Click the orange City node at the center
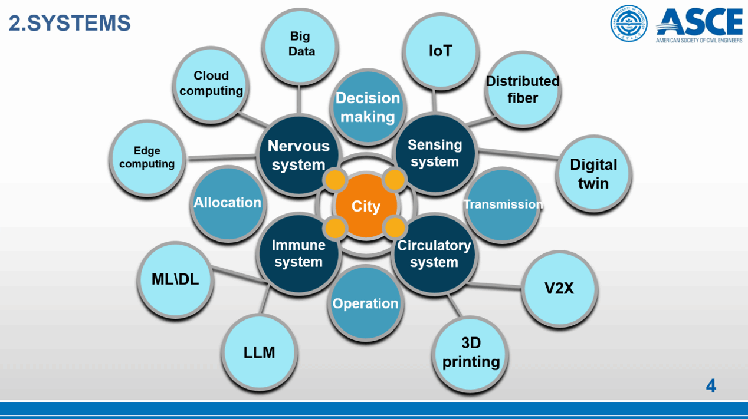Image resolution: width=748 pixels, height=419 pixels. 366,206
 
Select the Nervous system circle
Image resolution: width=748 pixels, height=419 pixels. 298,155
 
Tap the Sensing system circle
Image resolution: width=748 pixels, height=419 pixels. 435,153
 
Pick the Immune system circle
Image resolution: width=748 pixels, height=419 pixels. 298,253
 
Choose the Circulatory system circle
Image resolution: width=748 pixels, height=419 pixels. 434,254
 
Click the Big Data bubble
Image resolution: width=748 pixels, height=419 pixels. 301,44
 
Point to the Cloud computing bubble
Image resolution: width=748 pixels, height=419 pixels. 211,83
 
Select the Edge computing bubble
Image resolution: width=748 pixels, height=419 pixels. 147,157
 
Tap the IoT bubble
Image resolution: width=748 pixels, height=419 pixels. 440,51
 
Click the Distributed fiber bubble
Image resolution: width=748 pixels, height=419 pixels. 523,90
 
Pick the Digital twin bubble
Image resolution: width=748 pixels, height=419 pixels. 593,174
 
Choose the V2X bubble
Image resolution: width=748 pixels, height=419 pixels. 559,288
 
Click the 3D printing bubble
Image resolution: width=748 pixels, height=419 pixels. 471,352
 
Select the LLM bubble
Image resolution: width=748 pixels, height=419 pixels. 260,352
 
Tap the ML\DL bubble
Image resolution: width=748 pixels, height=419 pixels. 175,279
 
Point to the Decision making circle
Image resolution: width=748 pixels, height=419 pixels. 368,107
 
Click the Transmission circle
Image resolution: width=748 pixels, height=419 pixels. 503,204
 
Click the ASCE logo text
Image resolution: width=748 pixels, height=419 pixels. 699,22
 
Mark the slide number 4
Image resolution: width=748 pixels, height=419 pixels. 711,386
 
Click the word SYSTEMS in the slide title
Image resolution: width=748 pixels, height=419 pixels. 79,24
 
